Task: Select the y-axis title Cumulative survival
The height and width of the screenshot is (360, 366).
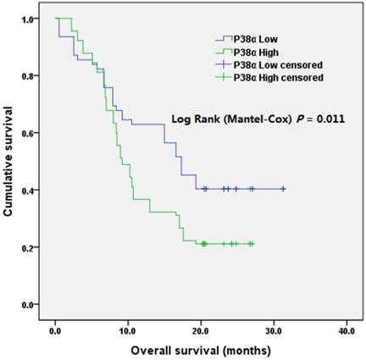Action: point(11,161)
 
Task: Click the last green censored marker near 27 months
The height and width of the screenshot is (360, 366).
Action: point(251,244)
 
